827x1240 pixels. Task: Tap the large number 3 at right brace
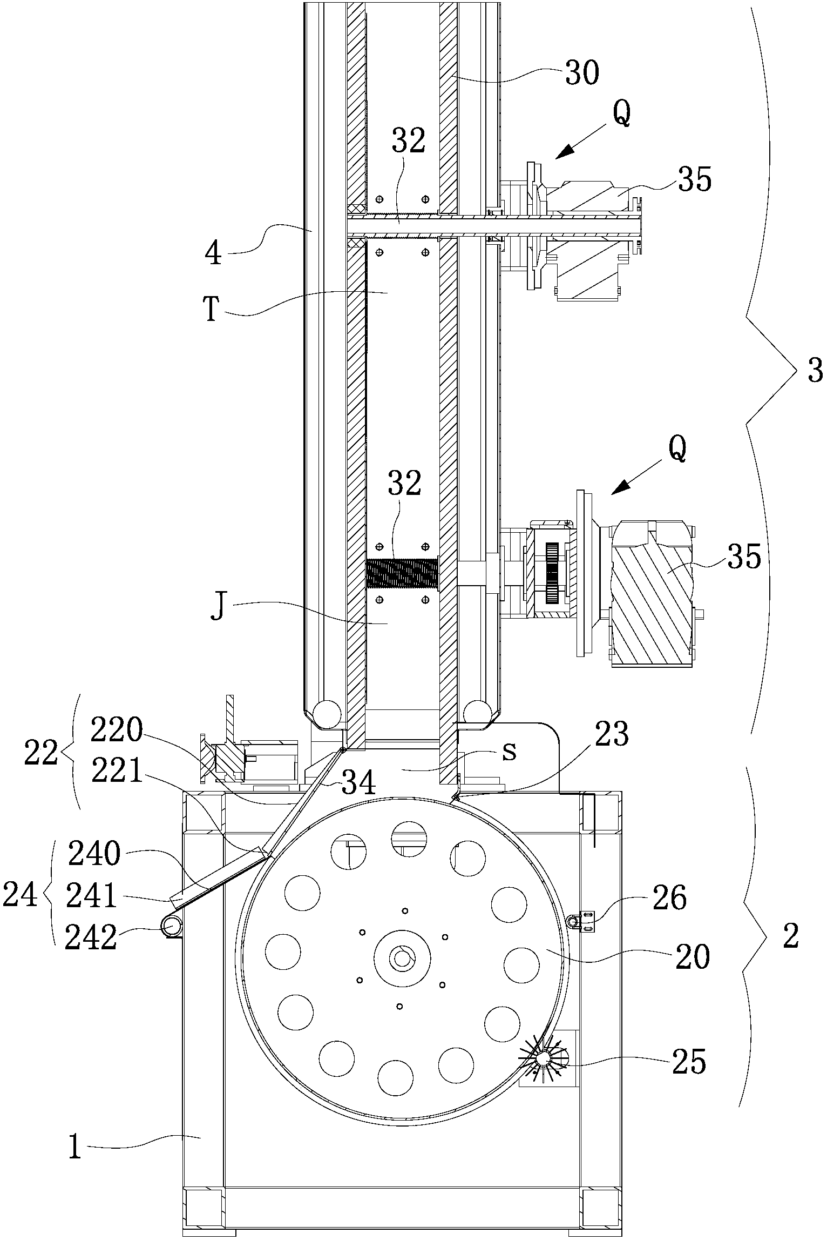[815, 372]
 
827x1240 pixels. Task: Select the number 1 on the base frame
[74, 1161]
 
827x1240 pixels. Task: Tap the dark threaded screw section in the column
[402, 574]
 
